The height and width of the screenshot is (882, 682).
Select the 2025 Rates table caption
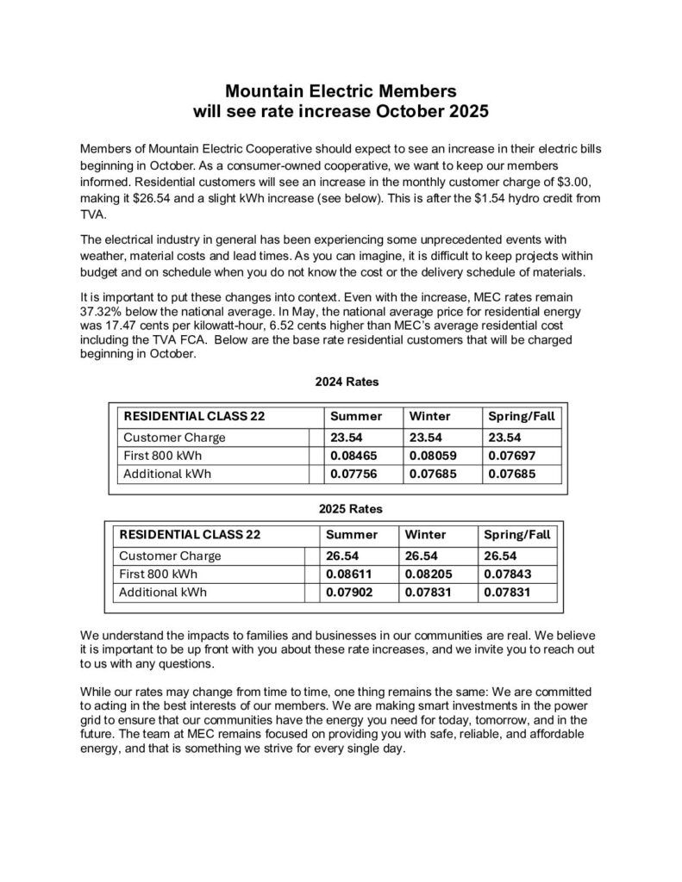(341, 508)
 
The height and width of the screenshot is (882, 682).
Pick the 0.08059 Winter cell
(430, 455)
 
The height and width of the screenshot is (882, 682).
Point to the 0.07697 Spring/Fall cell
(510, 455)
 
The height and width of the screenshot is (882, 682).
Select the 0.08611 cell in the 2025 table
(348, 574)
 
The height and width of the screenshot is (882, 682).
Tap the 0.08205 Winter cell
(426, 574)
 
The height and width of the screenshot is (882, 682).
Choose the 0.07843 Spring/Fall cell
(506, 574)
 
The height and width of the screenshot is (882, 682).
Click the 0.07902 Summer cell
(348, 592)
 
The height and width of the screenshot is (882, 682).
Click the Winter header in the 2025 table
(425, 535)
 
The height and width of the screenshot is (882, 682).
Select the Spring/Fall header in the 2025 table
(516, 535)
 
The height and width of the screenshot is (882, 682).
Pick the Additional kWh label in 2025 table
(163, 592)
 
